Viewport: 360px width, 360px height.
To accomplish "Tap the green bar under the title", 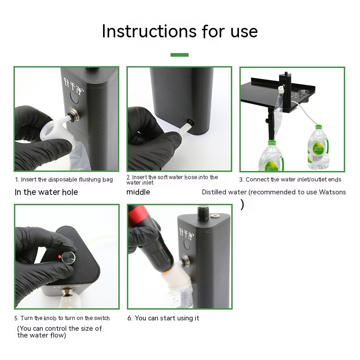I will pyautogui.click(x=180, y=54).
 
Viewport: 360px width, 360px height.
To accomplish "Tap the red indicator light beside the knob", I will pyautogui.click(x=60, y=255).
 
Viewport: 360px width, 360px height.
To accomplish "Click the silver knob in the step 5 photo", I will pyautogui.click(x=69, y=257).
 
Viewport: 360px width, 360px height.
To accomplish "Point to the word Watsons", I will pyautogui.click(x=333, y=192).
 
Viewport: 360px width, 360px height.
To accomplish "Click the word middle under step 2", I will pyautogui.click(x=138, y=192).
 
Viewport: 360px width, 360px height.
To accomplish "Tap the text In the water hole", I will pyautogui.click(x=46, y=192).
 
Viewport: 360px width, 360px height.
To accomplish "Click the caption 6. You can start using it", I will pyautogui.click(x=163, y=318).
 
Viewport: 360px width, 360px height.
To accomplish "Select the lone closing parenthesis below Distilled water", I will pyautogui.click(x=243, y=205).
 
